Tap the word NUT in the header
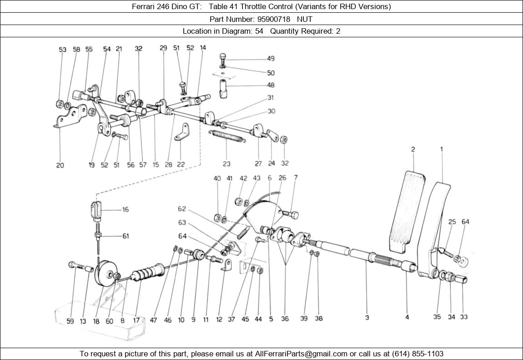[x=305, y=19]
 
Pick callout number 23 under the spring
[x=226, y=164]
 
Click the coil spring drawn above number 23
[x=227, y=136]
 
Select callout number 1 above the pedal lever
[x=441, y=149]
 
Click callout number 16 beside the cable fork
[x=125, y=209]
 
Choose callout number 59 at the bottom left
[x=70, y=321]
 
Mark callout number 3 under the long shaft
[x=367, y=317]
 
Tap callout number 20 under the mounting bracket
[x=60, y=165]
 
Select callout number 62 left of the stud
[x=182, y=209]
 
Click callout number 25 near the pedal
[x=452, y=222]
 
